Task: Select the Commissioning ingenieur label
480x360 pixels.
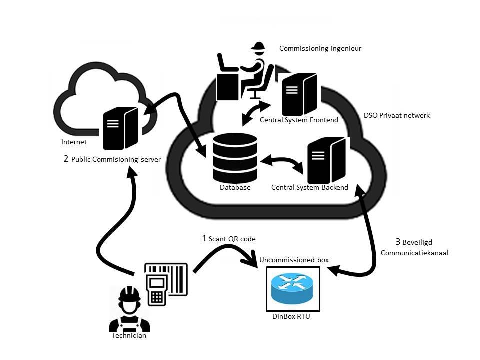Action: [x=320, y=49]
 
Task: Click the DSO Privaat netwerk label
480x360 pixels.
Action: [x=397, y=115]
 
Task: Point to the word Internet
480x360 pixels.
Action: [x=74, y=142]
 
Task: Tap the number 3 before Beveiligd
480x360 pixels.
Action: [x=398, y=242]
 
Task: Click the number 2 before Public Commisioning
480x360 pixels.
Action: [x=66, y=159]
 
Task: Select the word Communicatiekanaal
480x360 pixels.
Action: [x=414, y=253]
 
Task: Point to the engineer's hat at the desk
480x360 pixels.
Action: [x=258, y=48]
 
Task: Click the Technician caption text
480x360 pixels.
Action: [x=129, y=336]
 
